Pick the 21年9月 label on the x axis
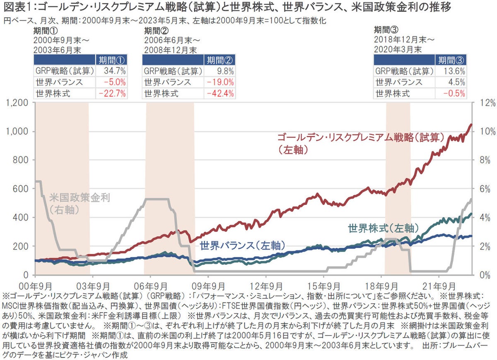pyautogui.click(x=439, y=285)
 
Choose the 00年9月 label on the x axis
pyautogui.click(x=36, y=285)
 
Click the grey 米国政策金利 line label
pyautogui.click(x=80, y=198)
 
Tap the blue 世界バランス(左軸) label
pyautogui.click(x=242, y=245)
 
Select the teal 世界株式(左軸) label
pyautogui.click(x=383, y=228)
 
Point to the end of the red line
pyautogui.click(x=471, y=124)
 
